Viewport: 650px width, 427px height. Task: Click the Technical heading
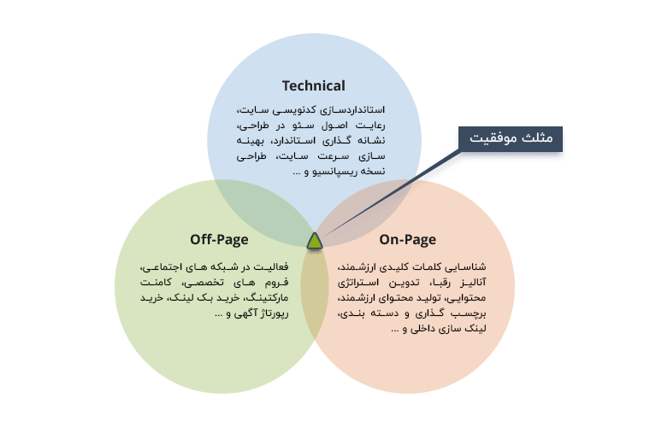(x=313, y=86)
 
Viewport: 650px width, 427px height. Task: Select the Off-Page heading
(x=219, y=240)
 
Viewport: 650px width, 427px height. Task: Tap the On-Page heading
(x=407, y=240)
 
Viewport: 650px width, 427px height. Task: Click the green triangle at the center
(x=315, y=241)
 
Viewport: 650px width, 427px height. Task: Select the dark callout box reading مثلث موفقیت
(x=511, y=139)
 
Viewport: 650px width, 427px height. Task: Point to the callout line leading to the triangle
(x=392, y=193)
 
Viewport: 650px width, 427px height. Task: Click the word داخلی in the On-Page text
(x=422, y=329)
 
